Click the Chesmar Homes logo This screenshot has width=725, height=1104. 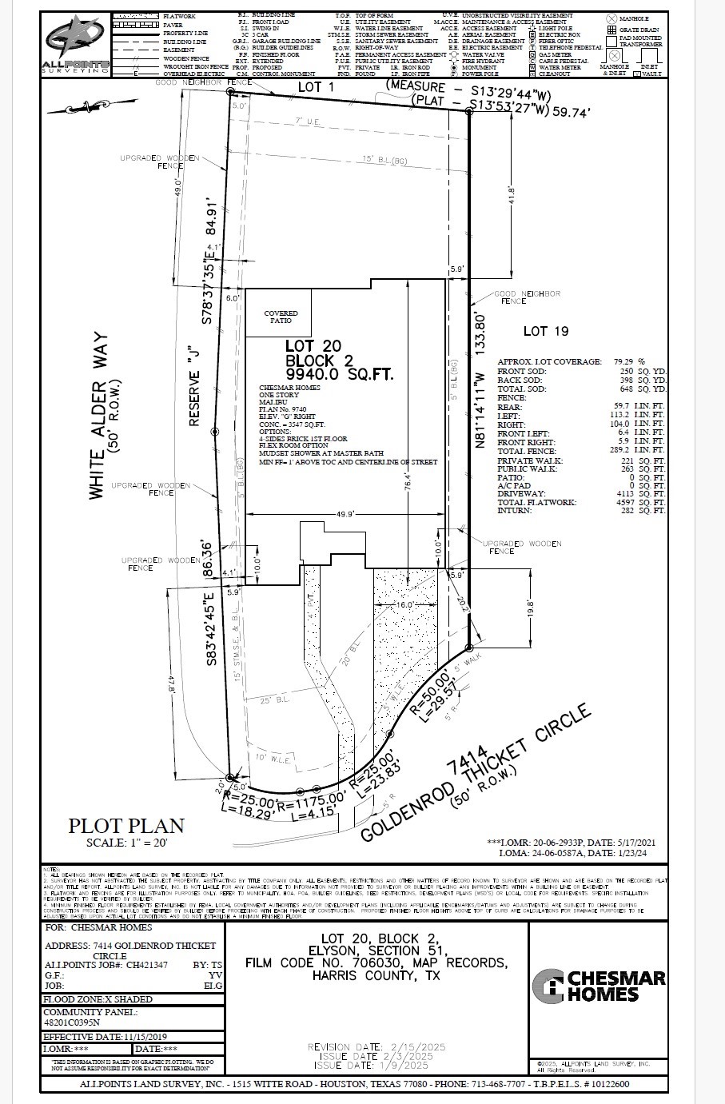click(599, 986)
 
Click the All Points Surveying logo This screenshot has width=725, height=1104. click(77, 43)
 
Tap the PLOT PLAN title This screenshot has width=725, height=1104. click(126, 826)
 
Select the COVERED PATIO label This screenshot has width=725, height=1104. click(281, 317)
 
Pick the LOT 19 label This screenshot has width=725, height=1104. click(545, 331)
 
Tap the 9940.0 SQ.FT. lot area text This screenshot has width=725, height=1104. click(340, 374)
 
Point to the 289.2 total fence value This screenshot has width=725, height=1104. click(630, 450)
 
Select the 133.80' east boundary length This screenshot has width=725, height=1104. click(480, 341)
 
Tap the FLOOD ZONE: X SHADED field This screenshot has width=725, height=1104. click(98, 999)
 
